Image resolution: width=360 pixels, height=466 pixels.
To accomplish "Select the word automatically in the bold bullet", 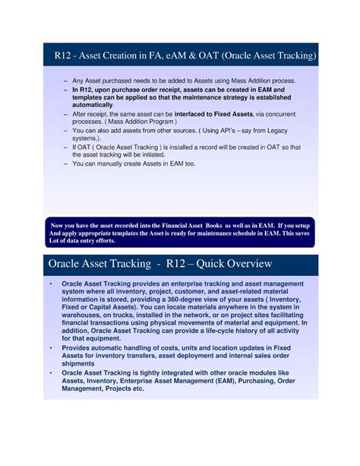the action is [98, 104].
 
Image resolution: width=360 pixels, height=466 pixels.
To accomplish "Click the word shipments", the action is [84, 363].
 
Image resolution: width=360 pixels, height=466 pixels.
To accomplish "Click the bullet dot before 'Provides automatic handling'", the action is [49, 347].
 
